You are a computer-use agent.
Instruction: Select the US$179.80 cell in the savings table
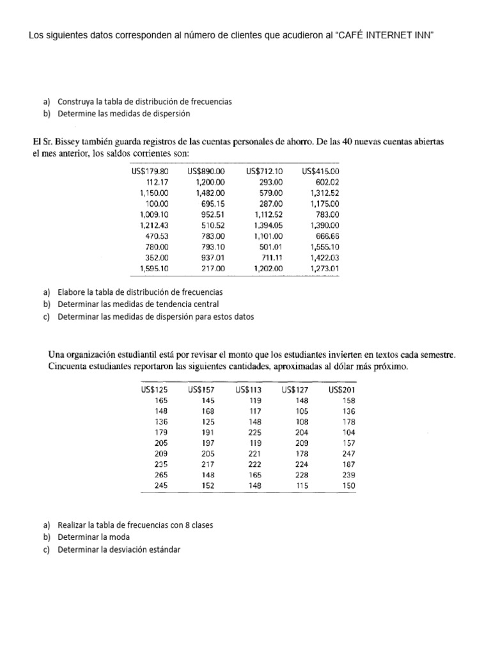150,171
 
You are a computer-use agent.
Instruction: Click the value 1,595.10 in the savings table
154,269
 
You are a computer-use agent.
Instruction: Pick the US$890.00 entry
206,171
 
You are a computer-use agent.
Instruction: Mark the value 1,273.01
324,269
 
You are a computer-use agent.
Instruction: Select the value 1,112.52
268,214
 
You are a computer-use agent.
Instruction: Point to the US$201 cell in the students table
341,390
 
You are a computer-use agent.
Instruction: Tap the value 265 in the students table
162,475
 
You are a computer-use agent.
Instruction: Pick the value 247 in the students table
348,454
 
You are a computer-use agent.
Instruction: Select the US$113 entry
249,390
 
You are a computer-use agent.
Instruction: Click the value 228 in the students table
301,475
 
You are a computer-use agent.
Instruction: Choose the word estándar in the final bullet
164,549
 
